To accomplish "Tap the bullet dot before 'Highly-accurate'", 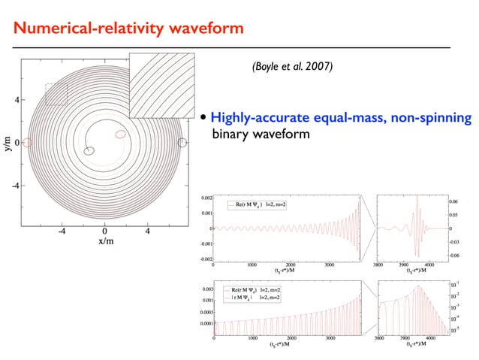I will [204, 118].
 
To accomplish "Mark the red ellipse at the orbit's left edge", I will [28, 142].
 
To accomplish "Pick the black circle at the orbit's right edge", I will [182, 142].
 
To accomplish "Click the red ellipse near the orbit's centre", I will [121, 135].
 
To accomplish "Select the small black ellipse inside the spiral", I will [89, 150].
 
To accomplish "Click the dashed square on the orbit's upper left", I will [56, 94].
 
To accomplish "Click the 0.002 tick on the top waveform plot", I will [203, 198].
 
